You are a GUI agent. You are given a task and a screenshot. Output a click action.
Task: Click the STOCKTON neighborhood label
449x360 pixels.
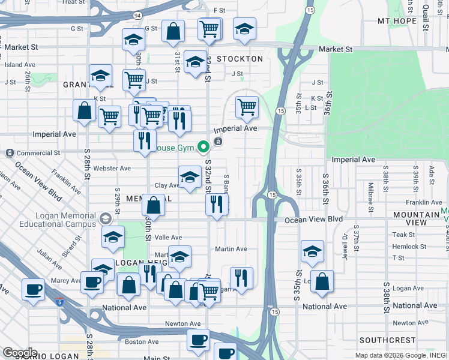click(240, 59)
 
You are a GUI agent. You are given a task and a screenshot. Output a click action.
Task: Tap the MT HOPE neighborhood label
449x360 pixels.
click(397, 21)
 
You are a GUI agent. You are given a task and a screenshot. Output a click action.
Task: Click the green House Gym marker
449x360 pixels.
click(203, 146)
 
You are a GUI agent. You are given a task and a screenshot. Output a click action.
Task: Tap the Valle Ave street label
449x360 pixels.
click(168, 238)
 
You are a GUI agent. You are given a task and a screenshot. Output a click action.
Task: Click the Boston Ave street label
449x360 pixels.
click(142, 342)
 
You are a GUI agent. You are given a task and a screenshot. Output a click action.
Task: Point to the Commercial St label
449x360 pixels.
click(39, 153)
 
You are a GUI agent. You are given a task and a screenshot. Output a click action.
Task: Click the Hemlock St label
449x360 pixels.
click(410, 246)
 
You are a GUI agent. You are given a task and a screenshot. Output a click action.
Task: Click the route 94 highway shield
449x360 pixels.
click(137, 14)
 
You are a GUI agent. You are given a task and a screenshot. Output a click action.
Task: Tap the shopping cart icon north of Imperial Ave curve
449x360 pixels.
click(247, 107)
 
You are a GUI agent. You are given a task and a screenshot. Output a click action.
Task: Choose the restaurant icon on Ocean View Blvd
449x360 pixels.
click(217, 203)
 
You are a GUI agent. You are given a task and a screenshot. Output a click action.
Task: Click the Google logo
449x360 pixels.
click(20, 353)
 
